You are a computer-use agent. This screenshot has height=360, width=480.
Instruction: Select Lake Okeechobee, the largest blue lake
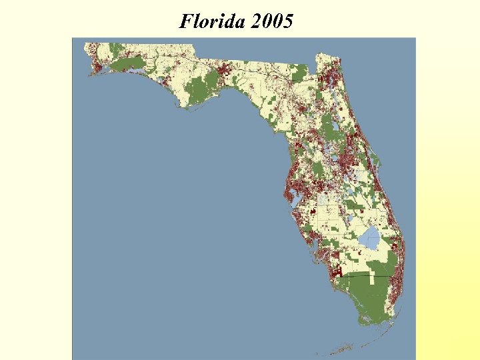[x=369, y=237]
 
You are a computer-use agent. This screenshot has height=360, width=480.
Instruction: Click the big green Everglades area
[x=363, y=293]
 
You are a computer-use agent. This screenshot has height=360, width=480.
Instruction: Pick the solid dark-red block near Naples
[x=337, y=271]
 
